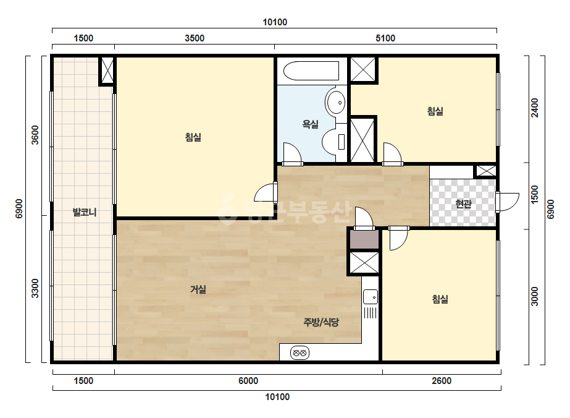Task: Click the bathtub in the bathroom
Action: (311, 70)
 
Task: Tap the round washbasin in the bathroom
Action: (336, 102)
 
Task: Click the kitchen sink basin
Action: (371, 297)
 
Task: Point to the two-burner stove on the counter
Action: (300, 352)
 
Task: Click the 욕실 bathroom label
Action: (311, 124)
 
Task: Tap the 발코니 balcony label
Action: (85, 212)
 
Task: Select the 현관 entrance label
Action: (464, 204)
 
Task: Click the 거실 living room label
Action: (198, 289)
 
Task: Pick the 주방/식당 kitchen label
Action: (321, 322)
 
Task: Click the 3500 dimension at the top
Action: (195, 38)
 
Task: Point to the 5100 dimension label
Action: (385, 38)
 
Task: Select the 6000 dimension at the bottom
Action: (248, 381)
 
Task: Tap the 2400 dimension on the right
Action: (535, 108)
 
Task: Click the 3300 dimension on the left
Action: (35, 288)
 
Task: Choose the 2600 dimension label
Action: (442, 381)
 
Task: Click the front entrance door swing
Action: (508, 202)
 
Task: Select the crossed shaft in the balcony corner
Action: (107, 70)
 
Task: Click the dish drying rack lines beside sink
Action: (370, 313)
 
